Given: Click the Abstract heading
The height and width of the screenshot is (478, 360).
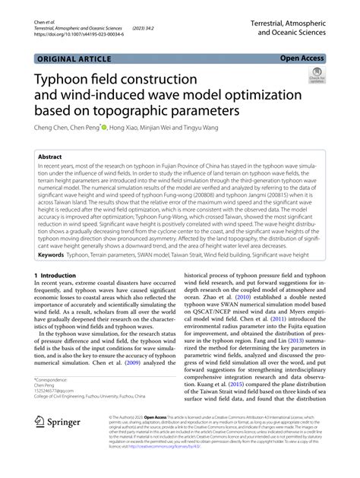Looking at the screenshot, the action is point(52,157).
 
